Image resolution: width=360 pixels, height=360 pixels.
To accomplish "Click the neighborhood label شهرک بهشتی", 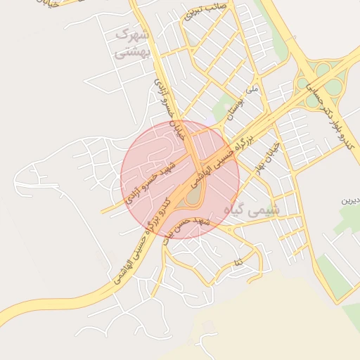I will pos(131,42).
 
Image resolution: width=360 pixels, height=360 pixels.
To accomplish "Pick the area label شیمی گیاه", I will pos(251,209).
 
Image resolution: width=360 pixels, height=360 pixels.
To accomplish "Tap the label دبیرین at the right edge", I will pos(350,200).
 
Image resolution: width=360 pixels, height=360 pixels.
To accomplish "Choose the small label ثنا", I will pos(239,262).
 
